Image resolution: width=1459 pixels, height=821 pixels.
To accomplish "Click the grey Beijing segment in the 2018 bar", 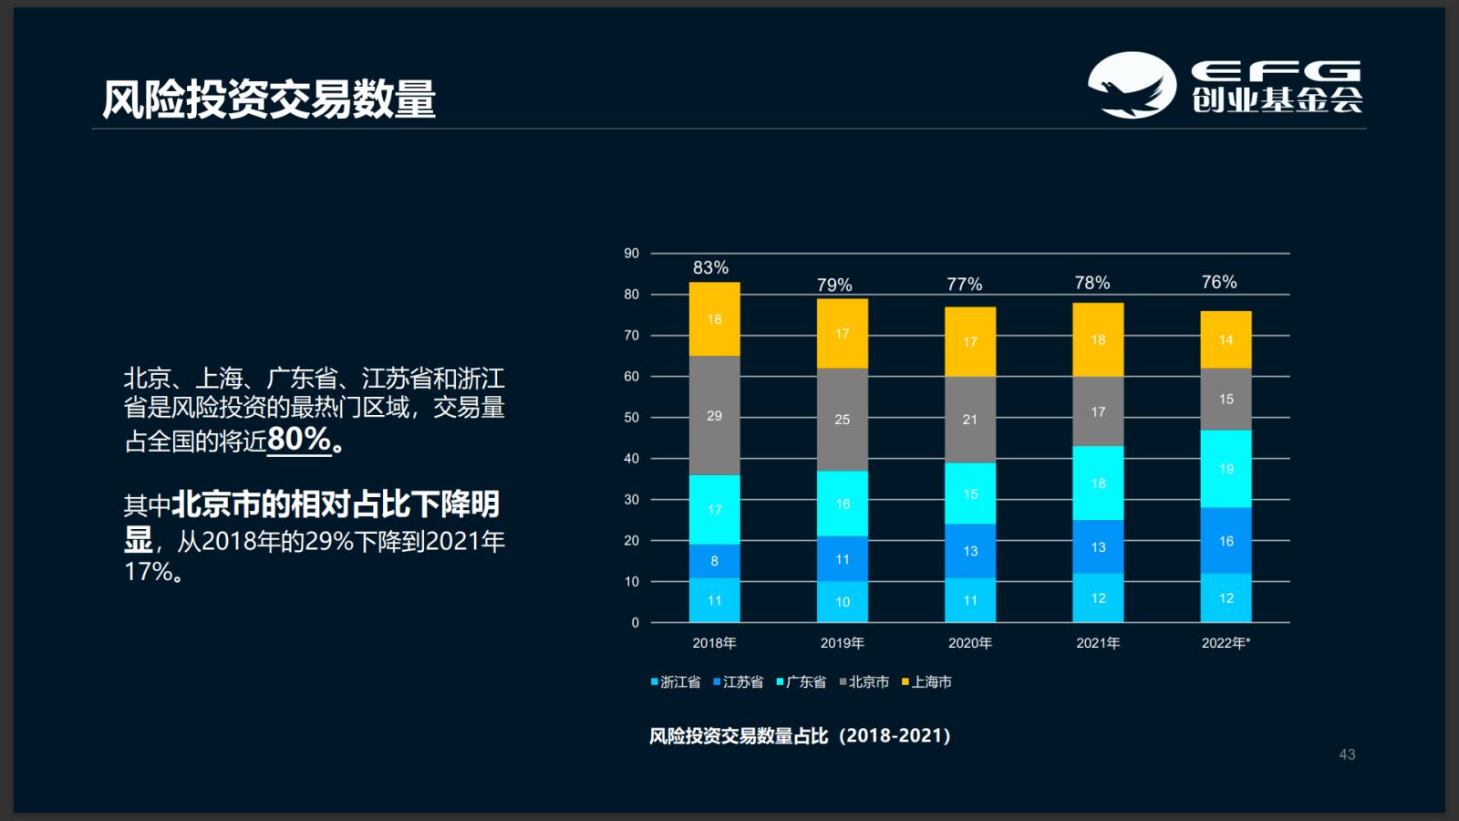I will click(x=714, y=415).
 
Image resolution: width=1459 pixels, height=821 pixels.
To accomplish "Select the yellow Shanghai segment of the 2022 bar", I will click(x=1226, y=339).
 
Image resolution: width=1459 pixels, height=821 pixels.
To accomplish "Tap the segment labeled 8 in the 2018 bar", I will click(x=714, y=561).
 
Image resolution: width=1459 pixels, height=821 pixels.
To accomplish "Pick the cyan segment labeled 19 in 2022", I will click(x=1226, y=469).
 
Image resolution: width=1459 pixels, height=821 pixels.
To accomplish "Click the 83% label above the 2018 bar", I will click(x=710, y=267).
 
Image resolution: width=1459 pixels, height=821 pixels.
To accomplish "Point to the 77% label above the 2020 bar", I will click(x=964, y=285).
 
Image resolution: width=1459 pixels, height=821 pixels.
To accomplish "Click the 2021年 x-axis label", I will click(x=1098, y=643).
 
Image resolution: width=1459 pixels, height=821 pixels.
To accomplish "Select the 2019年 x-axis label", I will click(x=842, y=643).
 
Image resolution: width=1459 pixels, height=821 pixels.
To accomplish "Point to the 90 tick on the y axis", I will click(x=631, y=254).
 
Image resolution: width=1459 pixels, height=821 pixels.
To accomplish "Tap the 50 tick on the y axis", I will click(x=631, y=418).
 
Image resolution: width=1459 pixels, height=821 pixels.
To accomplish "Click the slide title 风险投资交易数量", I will click(x=269, y=99).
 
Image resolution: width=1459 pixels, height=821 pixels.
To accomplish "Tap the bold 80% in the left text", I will click(x=299, y=440).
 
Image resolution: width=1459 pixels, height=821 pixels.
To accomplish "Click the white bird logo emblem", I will click(x=1131, y=85).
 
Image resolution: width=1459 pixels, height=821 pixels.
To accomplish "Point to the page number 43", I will click(x=1347, y=754).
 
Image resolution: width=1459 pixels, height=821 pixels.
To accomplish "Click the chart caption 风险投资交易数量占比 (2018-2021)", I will click(x=800, y=735).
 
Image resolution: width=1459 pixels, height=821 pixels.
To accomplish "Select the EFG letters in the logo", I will click(x=1276, y=70).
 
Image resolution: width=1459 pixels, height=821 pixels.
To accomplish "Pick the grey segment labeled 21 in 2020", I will click(x=969, y=420).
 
